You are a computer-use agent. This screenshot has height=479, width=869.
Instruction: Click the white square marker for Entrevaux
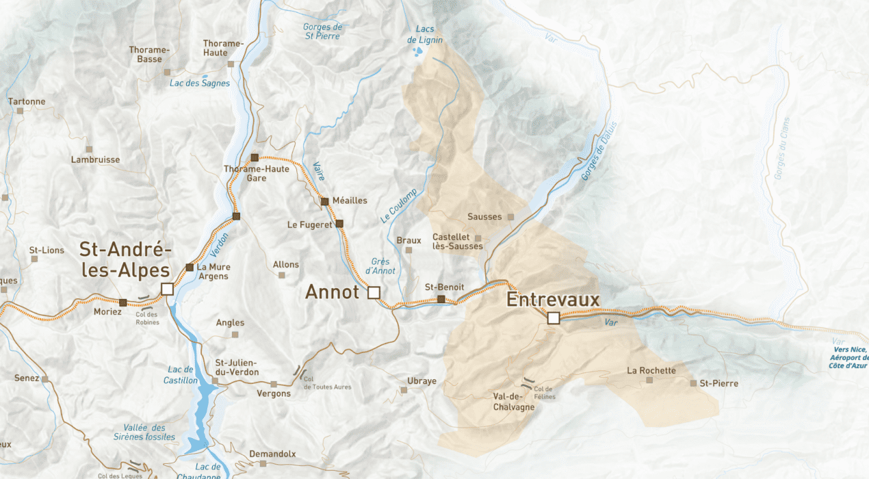pyautogui.click(x=554, y=318)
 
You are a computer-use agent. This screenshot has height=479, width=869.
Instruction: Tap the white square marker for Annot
pyautogui.click(x=374, y=293)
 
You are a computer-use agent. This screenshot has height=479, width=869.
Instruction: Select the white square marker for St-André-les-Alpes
pyautogui.click(x=167, y=289)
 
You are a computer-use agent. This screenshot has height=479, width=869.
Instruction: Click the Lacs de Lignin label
pyautogui.click(x=425, y=35)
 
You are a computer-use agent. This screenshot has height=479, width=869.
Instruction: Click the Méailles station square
pyautogui.click(x=325, y=201)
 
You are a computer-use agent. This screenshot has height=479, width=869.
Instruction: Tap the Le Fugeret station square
pyautogui.click(x=339, y=224)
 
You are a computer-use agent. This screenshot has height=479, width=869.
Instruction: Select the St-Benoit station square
pyautogui.click(x=441, y=299)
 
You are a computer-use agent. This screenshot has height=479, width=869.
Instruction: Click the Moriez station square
pyautogui.click(x=123, y=302)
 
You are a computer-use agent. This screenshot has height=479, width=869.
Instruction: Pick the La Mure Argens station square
pyautogui.click(x=190, y=267)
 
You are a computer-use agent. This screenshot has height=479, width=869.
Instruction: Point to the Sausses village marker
pyautogui.click(x=510, y=217)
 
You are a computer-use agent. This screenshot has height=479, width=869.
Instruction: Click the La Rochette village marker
pyautogui.click(x=649, y=380)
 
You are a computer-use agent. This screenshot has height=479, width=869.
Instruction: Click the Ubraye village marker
pyautogui.click(x=404, y=390)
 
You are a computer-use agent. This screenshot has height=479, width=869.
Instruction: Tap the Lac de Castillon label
pyautogui.click(x=181, y=375)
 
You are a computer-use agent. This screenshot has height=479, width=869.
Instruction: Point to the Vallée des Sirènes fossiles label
pyautogui.click(x=149, y=432)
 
